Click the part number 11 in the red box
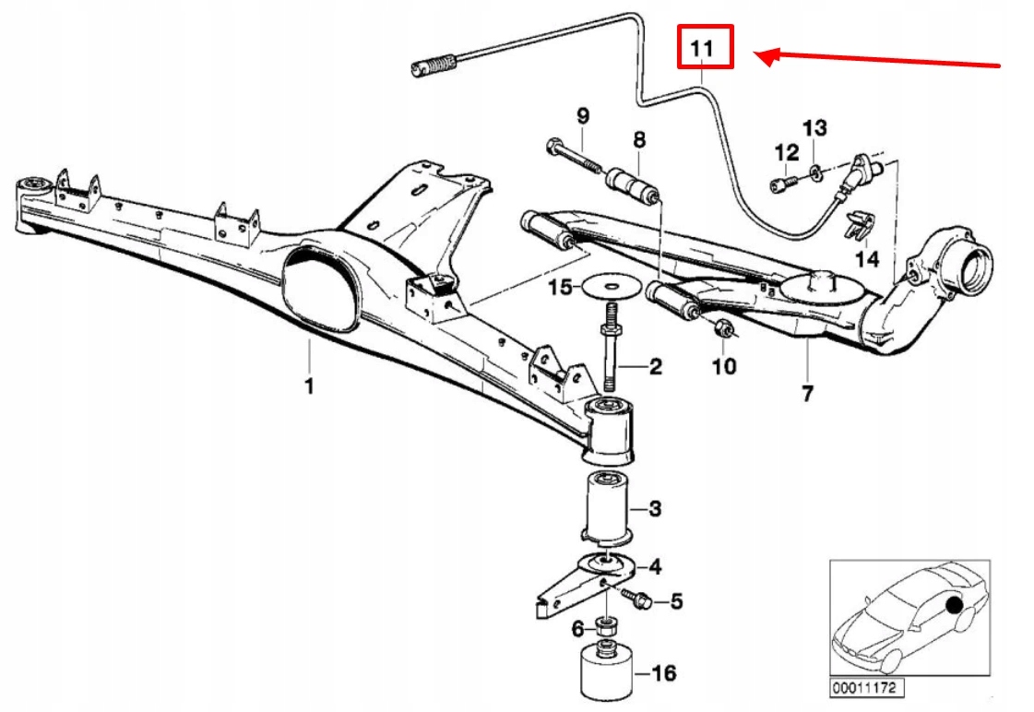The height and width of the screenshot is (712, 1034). (x=705, y=47)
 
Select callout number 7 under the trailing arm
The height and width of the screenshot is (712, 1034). (x=807, y=394)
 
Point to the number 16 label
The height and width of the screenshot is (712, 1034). (x=663, y=672)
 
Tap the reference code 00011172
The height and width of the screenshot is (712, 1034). (x=866, y=688)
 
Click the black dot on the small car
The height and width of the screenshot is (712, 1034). (x=952, y=605)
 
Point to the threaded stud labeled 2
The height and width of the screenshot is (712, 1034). (x=612, y=355)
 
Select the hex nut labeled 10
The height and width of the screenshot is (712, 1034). (x=723, y=327)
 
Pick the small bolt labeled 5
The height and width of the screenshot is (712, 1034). (x=638, y=600)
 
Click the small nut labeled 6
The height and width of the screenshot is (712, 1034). (x=605, y=628)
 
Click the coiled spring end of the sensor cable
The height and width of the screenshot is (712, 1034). (x=435, y=66)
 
